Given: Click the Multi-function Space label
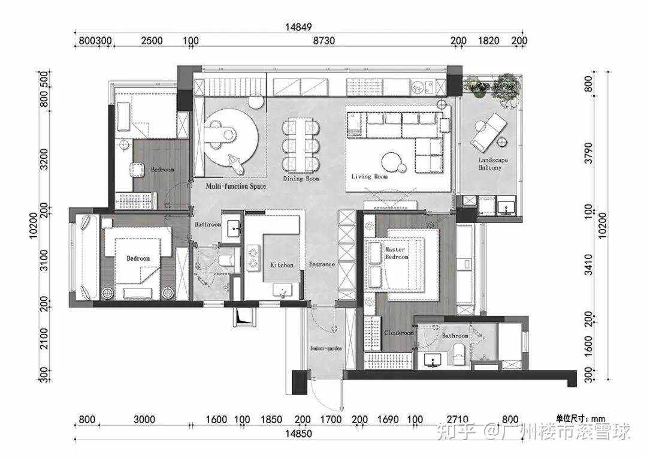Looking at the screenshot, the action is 235,186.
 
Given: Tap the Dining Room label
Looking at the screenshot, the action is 301,179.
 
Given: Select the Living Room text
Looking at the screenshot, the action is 369,176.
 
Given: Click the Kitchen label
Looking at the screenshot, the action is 282,265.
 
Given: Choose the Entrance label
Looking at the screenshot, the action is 322,264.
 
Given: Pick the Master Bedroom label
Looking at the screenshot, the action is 397,253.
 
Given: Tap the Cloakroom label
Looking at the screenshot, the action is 398,333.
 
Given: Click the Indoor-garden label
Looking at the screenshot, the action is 326,348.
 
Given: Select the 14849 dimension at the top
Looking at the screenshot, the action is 298,27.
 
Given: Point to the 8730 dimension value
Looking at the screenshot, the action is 323,41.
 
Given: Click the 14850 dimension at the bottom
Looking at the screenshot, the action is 298,433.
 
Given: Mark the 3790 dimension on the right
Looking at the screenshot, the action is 588,153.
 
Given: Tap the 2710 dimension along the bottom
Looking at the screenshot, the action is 458,420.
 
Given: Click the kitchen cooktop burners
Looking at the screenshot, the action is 253,258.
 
